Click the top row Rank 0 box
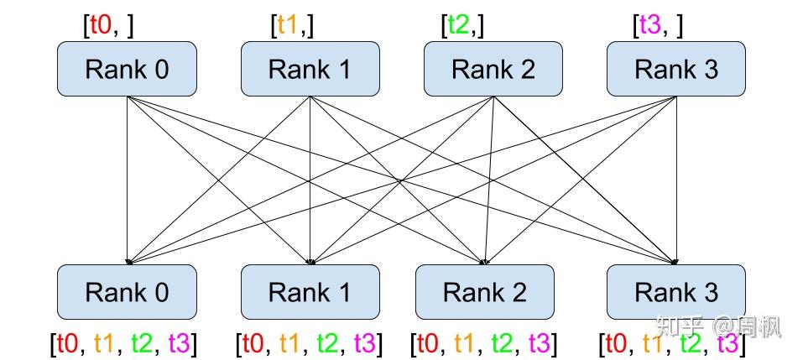[127, 69]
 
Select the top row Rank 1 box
[310, 69]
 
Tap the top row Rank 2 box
[493, 69]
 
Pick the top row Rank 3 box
[676, 69]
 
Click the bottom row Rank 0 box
[127, 292]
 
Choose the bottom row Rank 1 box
[310, 292]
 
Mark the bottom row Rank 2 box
[485, 292]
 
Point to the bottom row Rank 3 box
[676, 292]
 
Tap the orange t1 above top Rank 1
[289, 25]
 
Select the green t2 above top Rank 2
[460, 25]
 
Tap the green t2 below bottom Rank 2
[503, 343]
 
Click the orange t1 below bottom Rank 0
[105, 343]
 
